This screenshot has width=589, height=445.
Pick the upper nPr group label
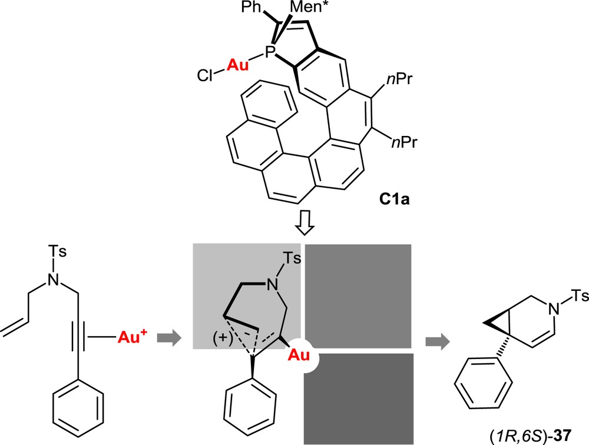coord(402,82)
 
